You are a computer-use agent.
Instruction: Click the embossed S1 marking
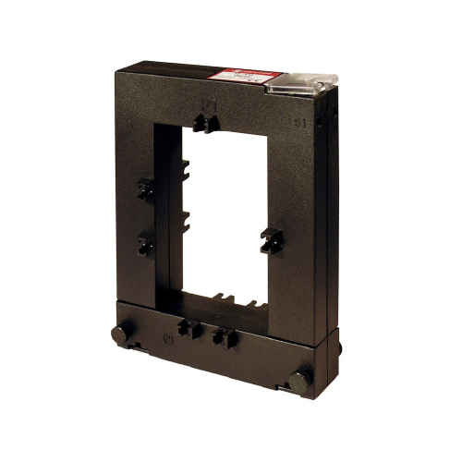click(299, 120)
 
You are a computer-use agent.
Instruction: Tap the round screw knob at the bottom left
click(119, 334)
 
